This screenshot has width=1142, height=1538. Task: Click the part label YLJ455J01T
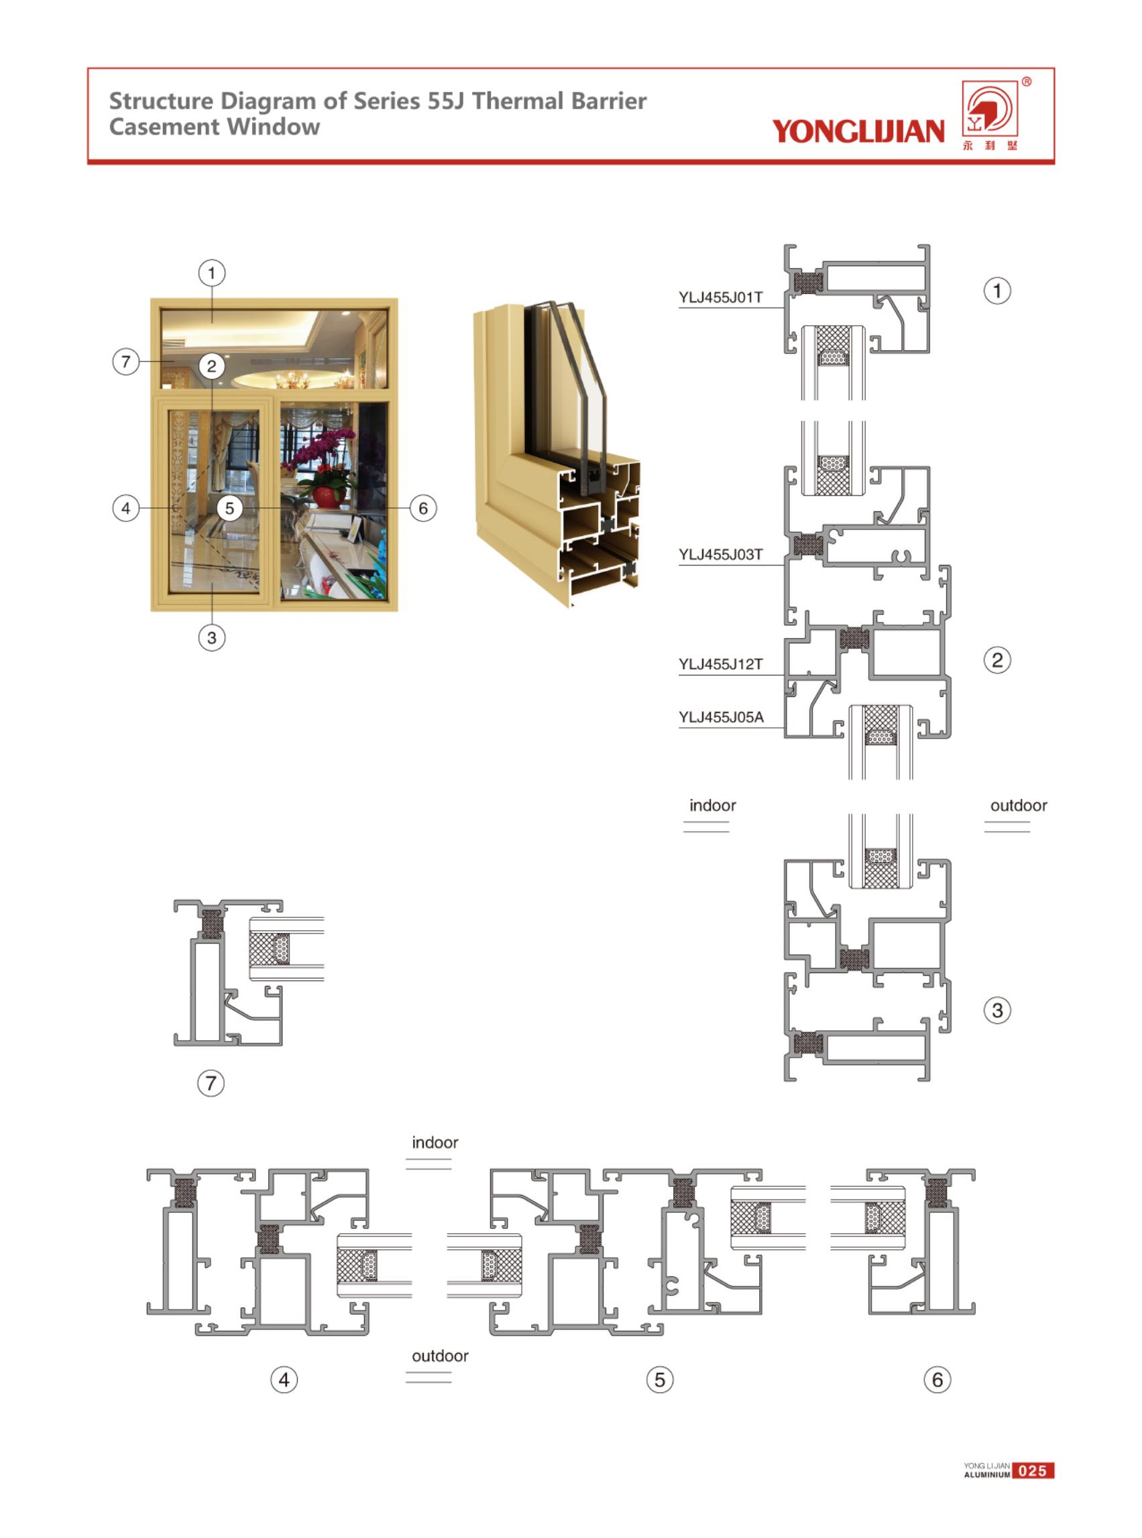click(x=720, y=297)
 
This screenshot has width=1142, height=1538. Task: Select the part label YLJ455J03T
click(x=720, y=554)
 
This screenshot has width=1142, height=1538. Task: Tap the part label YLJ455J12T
click(x=720, y=664)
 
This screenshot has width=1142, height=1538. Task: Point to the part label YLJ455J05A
click(x=721, y=717)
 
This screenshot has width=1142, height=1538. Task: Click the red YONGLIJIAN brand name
click(x=858, y=131)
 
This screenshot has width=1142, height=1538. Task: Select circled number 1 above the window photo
click(x=211, y=273)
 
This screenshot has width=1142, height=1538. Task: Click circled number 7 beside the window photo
click(x=126, y=361)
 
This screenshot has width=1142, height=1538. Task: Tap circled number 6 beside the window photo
click(x=423, y=509)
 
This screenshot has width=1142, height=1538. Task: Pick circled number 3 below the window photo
click(x=211, y=638)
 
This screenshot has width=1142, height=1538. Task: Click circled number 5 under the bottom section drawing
click(x=659, y=1380)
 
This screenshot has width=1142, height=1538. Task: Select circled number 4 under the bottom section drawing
click(x=284, y=1380)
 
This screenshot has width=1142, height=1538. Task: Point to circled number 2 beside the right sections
click(x=997, y=660)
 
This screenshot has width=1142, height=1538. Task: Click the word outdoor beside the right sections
click(x=1018, y=805)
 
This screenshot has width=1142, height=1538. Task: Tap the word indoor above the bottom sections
click(x=435, y=1142)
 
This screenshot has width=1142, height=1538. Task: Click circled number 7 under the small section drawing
click(x=211, y=1083)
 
